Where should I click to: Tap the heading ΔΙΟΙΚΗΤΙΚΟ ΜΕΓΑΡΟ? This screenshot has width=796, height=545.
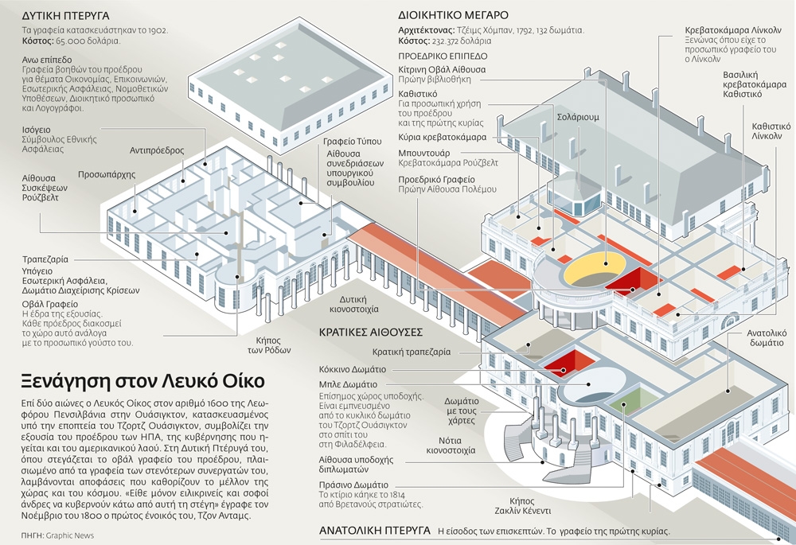click(x=454, y=15)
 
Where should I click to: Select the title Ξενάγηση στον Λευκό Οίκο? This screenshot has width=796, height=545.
click(x=142, y=381)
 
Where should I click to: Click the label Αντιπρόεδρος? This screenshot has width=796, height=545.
click(x=157, y=150)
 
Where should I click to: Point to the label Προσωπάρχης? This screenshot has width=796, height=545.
click(x=107, y=174)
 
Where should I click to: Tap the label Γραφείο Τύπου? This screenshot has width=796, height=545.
click(x=353, y=141)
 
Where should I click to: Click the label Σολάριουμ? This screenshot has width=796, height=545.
click(x=578, y=117)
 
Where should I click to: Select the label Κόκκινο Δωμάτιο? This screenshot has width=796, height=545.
click(x=353, y=369)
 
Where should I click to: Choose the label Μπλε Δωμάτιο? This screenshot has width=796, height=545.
click(x=349, y=384)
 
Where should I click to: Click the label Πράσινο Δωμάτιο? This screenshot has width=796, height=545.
click(x=353, y=485)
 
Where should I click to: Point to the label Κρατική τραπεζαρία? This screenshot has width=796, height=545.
click(x=412, y=352)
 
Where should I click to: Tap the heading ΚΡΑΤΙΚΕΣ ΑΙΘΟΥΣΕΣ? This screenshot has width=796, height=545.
click(x=371, y=333)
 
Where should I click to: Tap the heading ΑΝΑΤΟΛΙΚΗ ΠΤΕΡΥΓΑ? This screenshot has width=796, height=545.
click(x=375, y=531)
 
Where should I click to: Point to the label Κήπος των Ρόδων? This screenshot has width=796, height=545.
click(x=269, y=345)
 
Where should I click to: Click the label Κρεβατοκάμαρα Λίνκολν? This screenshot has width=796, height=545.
click(x=733, y=30)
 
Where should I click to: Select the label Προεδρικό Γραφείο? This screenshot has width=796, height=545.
click(x=436, y=179)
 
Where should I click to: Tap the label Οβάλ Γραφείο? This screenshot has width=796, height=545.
click(x=49, y=304)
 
